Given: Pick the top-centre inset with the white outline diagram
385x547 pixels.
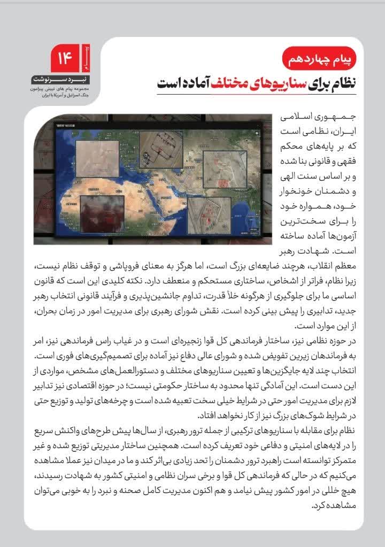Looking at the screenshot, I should (161, 149).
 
